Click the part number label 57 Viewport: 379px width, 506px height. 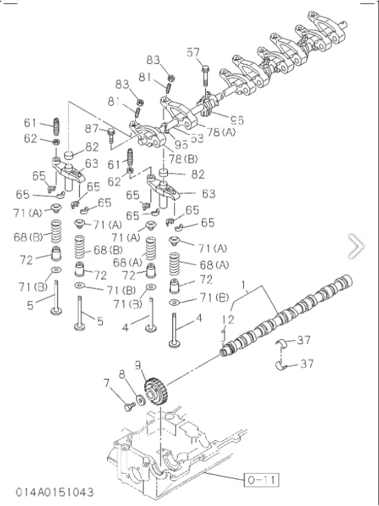pos(193,53)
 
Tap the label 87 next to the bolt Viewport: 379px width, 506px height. pos(92,129)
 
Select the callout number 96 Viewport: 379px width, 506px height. pos(237,119)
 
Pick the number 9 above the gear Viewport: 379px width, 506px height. pos(137,364)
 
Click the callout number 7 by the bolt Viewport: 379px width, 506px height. pos(106,381)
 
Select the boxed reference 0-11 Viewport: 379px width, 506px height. pos(261,480)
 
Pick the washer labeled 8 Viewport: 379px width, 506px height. pos(139,401)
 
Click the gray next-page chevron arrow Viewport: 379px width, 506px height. pos(356,246)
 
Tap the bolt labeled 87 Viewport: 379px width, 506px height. pos(111,135)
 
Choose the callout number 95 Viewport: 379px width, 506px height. pos(181,144)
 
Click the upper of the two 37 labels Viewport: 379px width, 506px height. pos(304,340)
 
